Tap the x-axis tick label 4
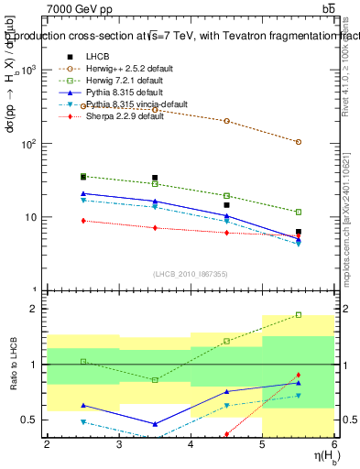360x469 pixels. point(191,444)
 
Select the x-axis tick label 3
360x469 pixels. point(118,444)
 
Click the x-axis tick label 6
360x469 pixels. point(334,444)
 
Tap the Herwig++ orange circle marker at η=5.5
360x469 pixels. point(299,142)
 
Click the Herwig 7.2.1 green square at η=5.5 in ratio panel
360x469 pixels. point(299,315)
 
